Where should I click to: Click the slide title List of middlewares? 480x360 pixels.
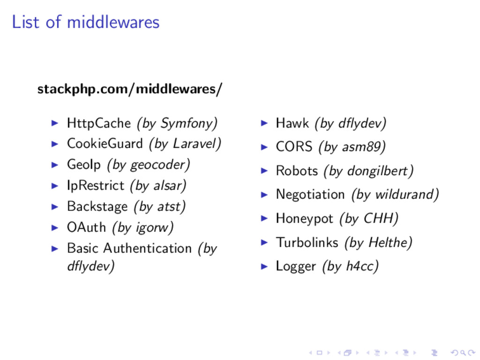(85, 22)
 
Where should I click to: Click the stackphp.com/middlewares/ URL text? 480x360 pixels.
(130, 89)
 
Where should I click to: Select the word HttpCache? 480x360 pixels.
(98, 123)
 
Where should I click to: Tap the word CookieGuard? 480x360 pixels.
(105, 143)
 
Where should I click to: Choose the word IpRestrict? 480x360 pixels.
(96, 186)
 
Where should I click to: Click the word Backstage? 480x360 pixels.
(97, 206)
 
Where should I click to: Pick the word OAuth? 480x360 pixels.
(87, 227)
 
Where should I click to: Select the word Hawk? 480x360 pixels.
(292, 123)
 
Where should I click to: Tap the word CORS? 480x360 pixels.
(294, 147)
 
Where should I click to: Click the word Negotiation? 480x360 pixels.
(310, 194)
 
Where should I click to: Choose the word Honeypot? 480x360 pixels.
(304, 218)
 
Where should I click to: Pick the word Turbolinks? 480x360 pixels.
(307, 242)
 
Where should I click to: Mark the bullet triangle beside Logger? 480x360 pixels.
(264, 266)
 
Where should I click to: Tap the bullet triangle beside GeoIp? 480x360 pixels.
(55, 165)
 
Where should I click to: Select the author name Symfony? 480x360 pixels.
(187, 123)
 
